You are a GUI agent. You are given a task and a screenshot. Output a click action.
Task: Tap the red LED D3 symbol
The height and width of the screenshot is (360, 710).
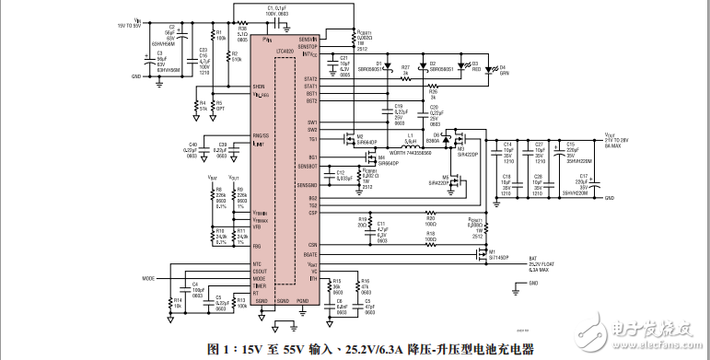(464, 66)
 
